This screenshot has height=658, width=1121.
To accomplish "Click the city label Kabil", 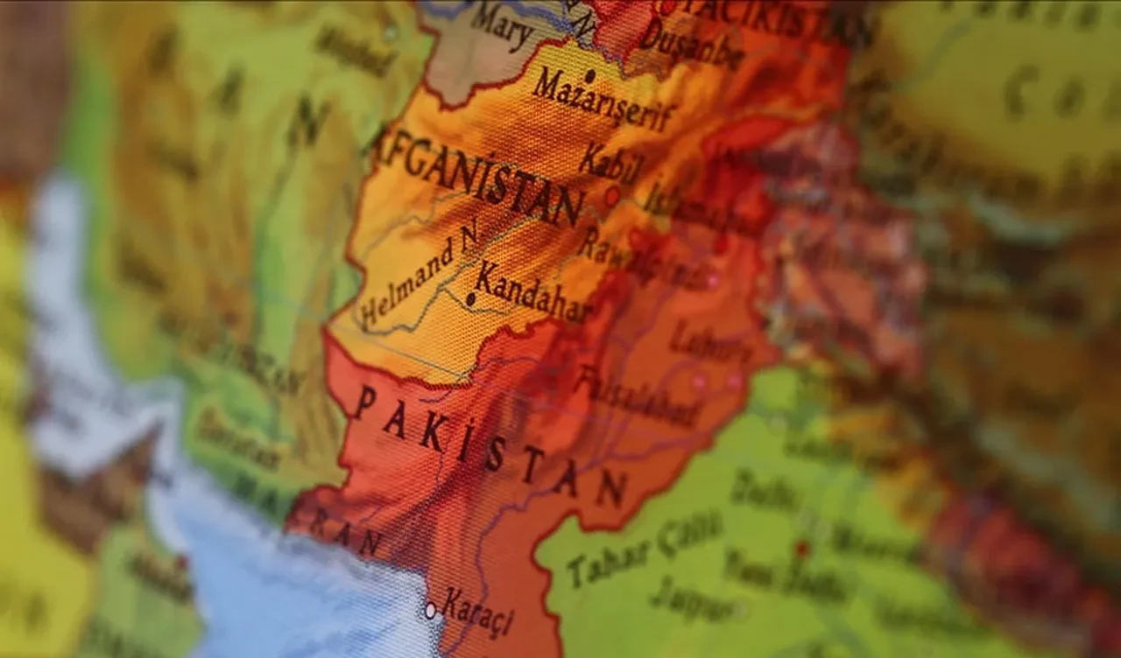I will (610, 163).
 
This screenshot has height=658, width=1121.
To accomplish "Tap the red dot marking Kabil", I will (611, 197).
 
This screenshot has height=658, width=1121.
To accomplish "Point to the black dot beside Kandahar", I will (470, 299).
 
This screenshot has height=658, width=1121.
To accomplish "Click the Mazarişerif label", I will (604, 101).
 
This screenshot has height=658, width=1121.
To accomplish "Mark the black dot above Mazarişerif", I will (590, 76).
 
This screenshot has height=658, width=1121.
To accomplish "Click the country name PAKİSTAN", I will (490, 446).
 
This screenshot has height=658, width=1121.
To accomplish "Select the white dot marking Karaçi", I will (430, 610).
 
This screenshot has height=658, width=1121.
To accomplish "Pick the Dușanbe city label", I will (692, 44).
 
